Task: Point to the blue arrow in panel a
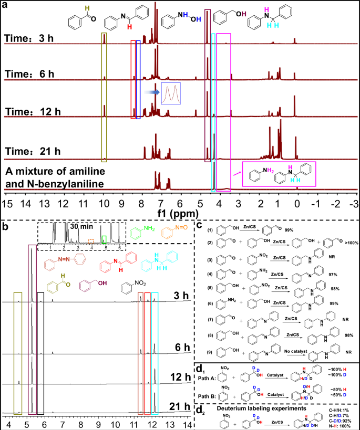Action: click(x=153, y=91)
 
